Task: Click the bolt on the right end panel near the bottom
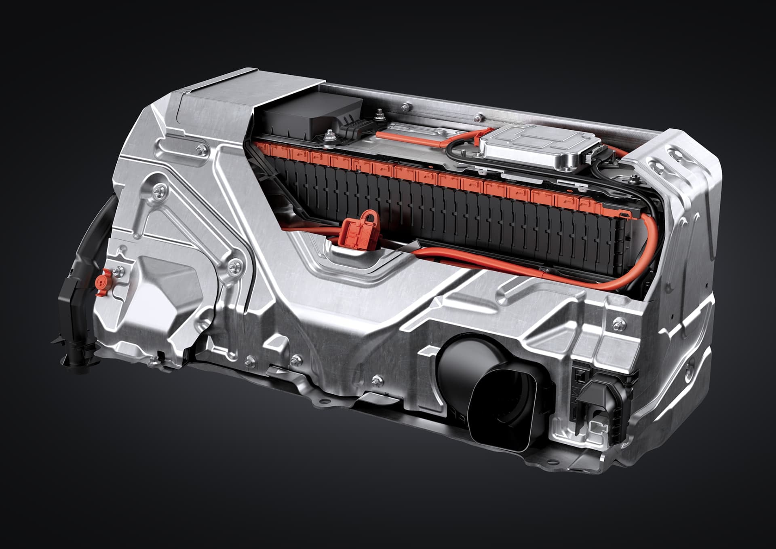click(619, 324)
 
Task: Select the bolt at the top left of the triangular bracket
click(161, 188)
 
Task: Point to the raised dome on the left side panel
click(162, 291)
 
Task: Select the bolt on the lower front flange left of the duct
click(377, 380)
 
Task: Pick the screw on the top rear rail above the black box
click(404, 107)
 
